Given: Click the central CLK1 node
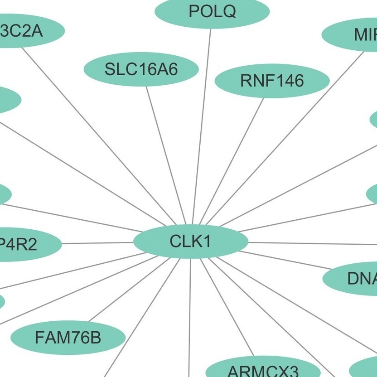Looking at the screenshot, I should pyautogui.click(x=190, y=242).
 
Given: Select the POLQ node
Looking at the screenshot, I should pyautogui.click(x=212, y=12).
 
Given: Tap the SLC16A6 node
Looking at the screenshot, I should pyautogui.click(x=141, y=69).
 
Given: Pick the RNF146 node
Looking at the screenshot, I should pyautogui.click(x=271, y=81).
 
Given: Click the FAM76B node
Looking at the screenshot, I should pyautogui.click(x=68, y=338).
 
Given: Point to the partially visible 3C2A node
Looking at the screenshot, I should pyautogui.click(x=27, y=31).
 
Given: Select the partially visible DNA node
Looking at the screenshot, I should pyautogui.click(x=353, y=279).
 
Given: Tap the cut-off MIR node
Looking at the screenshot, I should pyautogui.click(x=353, y=35).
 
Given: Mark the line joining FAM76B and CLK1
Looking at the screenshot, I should pyautogui.click(x=125, y=292).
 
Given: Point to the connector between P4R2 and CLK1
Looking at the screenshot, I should pyautogui.click(x=97, y=243).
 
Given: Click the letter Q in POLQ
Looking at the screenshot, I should pyautogui.click(x=230, y=12).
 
